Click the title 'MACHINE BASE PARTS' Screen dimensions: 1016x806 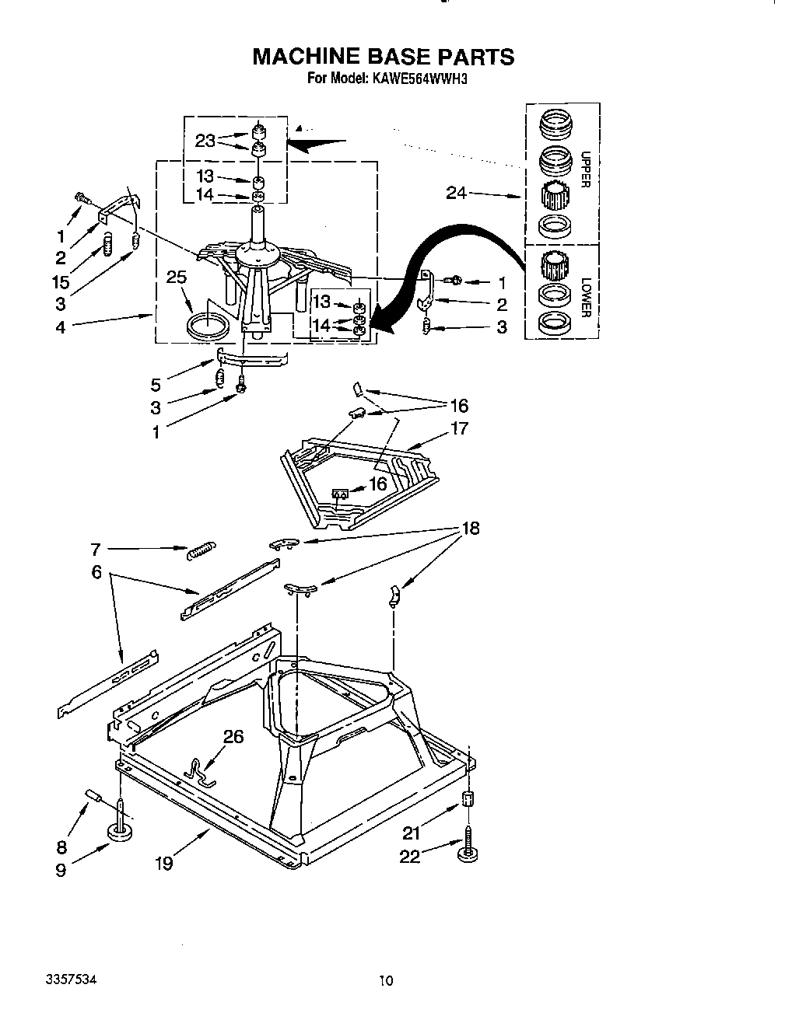click(384, 57)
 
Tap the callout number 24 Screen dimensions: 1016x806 click(456, 193)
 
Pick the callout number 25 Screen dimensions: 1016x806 click(177, 276)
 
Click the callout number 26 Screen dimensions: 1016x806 click(233, 735)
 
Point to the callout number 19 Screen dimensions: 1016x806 click(163, 862)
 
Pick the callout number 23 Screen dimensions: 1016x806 click(205, 141)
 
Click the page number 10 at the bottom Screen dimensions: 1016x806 click(387, 981)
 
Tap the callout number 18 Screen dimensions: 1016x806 click(469, 529)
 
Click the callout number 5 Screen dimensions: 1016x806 click(156, 383)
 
